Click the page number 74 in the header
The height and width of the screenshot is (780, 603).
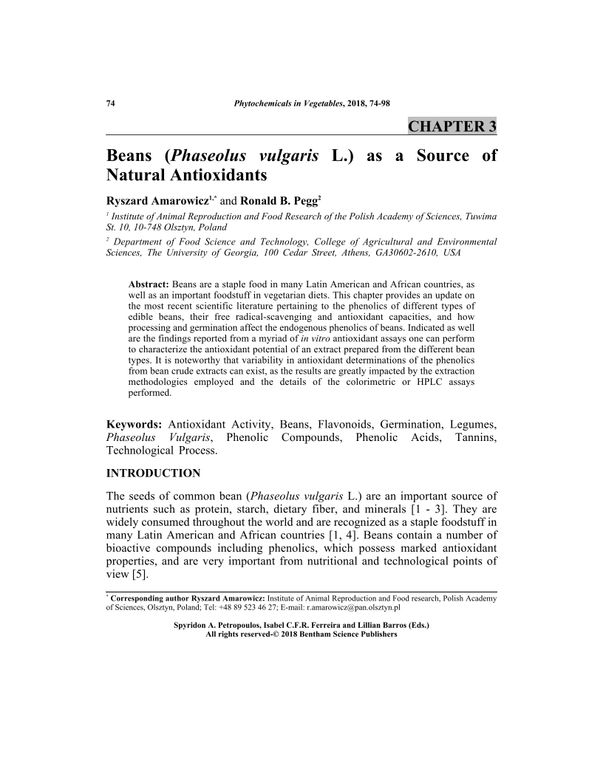coord(111,103)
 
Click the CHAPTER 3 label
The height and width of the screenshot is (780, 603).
coord(452,126)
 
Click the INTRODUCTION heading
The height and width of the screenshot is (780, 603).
coord(153,473)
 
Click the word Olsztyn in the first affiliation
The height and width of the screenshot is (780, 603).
coord(190,228)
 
